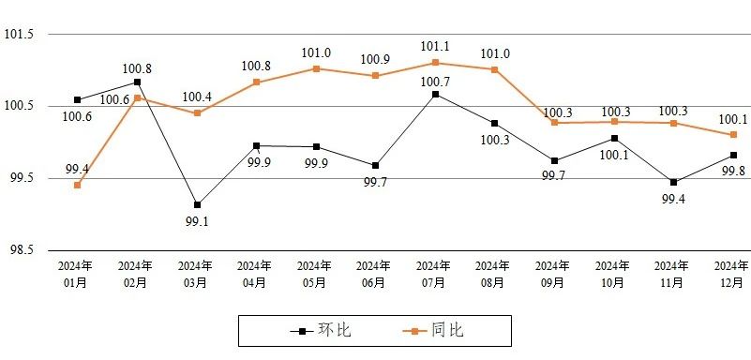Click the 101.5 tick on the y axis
tap(19, 35)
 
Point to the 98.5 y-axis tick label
tap(19, 250)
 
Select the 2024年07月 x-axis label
tap(433, 274)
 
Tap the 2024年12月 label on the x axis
tap(731, 274)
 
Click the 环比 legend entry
tap(321, 330)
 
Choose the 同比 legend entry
tap(433, 330)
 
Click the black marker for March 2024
tap(197, 205)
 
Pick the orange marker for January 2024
tap(78, 186)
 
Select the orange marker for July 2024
tap(435, 63)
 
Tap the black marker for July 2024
tap(435, 95)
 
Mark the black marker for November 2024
tap(673, 183)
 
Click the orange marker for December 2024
tap(733, 135)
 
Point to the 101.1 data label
tap(435, 47)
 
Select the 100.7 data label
tap(435, 82)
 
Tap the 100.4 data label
tap(197, 97)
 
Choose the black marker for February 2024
tap(138, 82)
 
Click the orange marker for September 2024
tap(555, 123)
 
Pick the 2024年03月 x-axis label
tap(195, 274)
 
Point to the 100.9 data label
tap(375, 59)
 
